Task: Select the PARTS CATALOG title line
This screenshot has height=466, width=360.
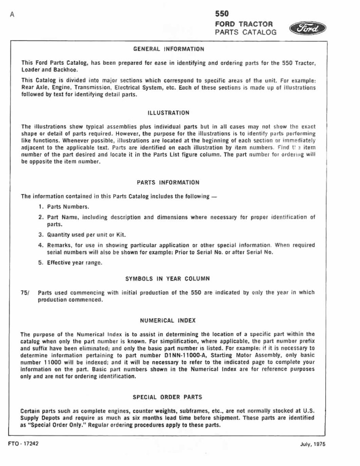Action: (246, 32)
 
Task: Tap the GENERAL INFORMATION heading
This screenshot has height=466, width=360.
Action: (168, 49)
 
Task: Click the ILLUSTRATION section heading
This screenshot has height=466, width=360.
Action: (168, 113)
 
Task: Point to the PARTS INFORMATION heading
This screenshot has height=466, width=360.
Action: (168, 182)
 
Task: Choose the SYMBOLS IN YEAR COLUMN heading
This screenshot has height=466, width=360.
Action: (168, 278)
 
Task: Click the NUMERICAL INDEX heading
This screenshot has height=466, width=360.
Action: (168, 320)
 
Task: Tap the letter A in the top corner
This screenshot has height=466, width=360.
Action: (13, 15)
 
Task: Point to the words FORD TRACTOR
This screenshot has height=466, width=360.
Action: (244, 24)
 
